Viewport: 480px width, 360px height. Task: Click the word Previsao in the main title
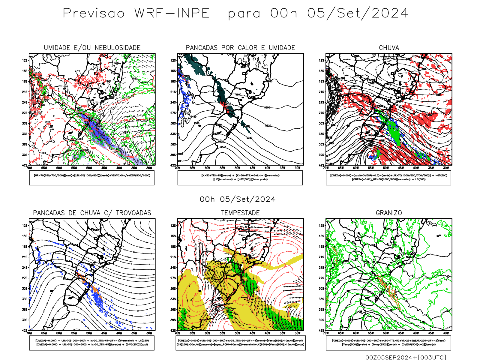(94, 13)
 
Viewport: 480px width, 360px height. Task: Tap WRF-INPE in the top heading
(172, 13)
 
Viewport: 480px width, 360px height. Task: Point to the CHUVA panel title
(389, 48)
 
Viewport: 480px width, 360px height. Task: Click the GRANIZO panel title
(389, 213)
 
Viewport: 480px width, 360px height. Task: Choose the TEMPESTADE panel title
(240, 213)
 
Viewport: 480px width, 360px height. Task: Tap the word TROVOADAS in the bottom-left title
(133, 213)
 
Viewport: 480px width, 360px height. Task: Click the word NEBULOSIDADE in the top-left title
(118, 48)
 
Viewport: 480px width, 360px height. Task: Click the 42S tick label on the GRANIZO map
(322, 331)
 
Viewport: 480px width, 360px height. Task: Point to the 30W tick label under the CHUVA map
(446, 168)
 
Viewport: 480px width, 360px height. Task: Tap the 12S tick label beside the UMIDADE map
(25, 60)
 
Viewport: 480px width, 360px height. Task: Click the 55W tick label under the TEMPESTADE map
(222, 333)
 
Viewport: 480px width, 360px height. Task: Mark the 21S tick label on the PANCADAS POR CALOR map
(173, 92)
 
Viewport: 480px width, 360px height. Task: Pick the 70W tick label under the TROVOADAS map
(29, 333)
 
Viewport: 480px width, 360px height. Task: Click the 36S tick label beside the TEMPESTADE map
(173, 309)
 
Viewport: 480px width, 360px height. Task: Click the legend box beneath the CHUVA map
(388, 178)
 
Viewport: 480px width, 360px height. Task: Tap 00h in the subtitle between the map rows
(207, 199)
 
